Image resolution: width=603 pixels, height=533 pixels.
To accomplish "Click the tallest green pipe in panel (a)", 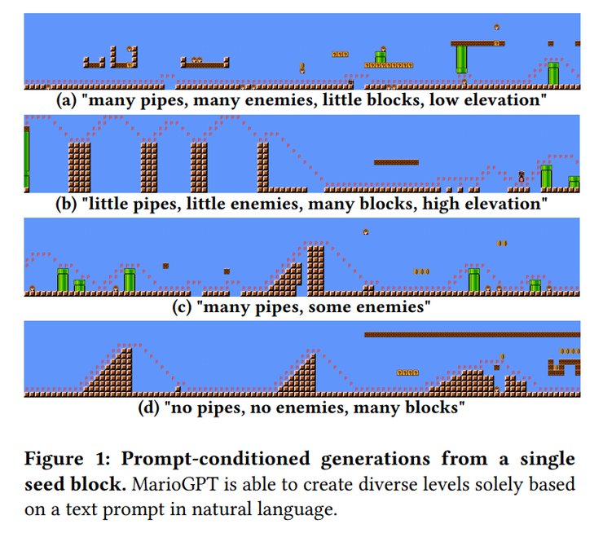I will [461, 60].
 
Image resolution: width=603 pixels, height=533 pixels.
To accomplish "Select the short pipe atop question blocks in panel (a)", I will [380, 57].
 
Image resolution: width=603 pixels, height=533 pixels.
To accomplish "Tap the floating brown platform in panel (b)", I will [396, 162].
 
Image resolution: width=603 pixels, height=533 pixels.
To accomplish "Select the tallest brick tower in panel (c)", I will [316, 266].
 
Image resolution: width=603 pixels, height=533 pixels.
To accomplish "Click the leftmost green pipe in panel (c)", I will [63, 279].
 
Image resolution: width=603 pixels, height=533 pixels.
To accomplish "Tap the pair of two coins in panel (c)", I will [502, 243].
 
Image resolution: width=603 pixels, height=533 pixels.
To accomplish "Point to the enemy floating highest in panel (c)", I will [366, 231].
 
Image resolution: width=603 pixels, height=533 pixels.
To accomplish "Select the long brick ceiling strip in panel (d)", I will [472, 334].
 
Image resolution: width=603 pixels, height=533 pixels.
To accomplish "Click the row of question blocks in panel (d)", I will [407, 372].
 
